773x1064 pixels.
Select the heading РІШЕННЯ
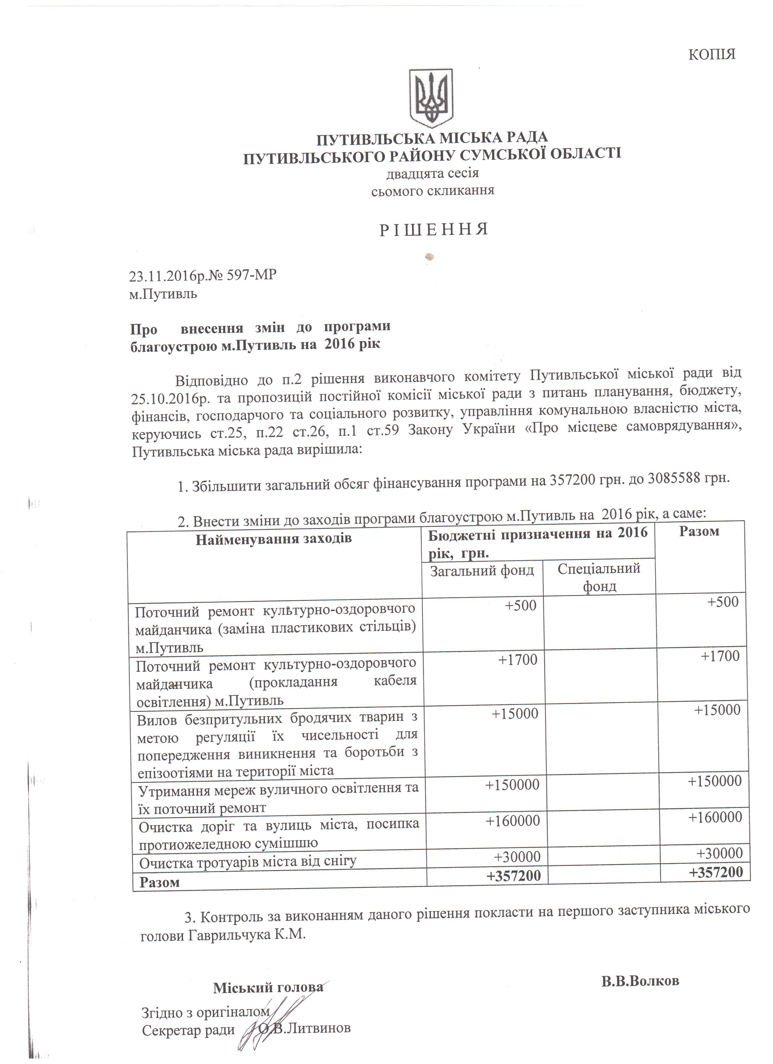pos(433,229)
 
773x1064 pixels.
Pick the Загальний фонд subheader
pos(482,571)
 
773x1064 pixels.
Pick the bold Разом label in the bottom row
pos(160,882)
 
